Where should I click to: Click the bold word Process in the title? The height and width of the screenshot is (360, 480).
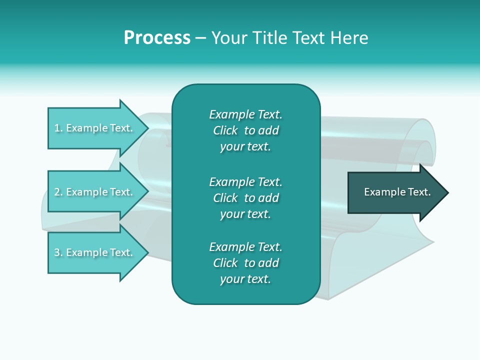click(x=157, y=38)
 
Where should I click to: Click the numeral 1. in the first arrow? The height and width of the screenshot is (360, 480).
click(x=58, y=128)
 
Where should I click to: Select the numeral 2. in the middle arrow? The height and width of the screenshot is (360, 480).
click(x=58, y=192)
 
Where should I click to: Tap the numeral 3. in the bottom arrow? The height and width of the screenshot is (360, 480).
click(x=58, y=252)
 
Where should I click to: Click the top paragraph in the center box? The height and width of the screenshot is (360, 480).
click(x=245, y=130)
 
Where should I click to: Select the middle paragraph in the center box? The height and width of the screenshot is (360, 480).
click(x=245, y=198)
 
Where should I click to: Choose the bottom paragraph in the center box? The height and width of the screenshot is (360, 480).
click(x=245, y=263)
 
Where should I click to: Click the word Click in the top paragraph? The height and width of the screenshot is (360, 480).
click(x=225, y=130)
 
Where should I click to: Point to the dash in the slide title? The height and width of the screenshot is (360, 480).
click(x=200, y=38)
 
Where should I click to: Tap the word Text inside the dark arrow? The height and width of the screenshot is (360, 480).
click(x=419, y=192)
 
